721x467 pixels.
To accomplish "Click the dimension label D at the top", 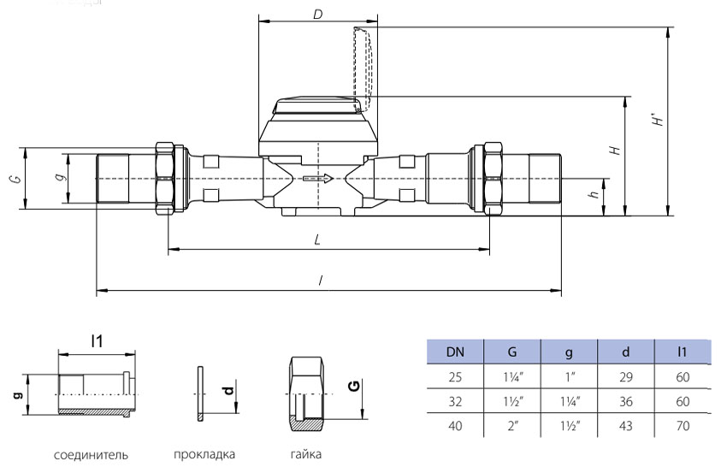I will tap(317, 15).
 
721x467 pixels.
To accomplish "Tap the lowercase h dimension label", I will tap(594, 196).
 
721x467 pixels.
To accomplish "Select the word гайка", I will tap(304, 454).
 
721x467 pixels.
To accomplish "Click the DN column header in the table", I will tap(454, 352).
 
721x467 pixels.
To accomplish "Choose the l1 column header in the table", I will tap(683, 352).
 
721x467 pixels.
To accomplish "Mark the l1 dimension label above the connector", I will tap(98, 340).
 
